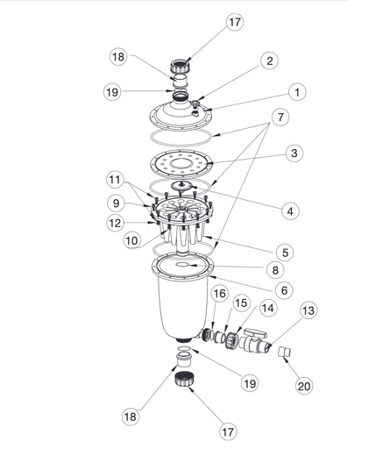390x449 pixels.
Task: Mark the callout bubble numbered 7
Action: pos(278,116)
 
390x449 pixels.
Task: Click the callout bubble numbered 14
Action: pos(266,308)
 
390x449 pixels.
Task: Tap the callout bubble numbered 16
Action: pos(218,294)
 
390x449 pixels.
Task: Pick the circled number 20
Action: pos(304,383)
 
